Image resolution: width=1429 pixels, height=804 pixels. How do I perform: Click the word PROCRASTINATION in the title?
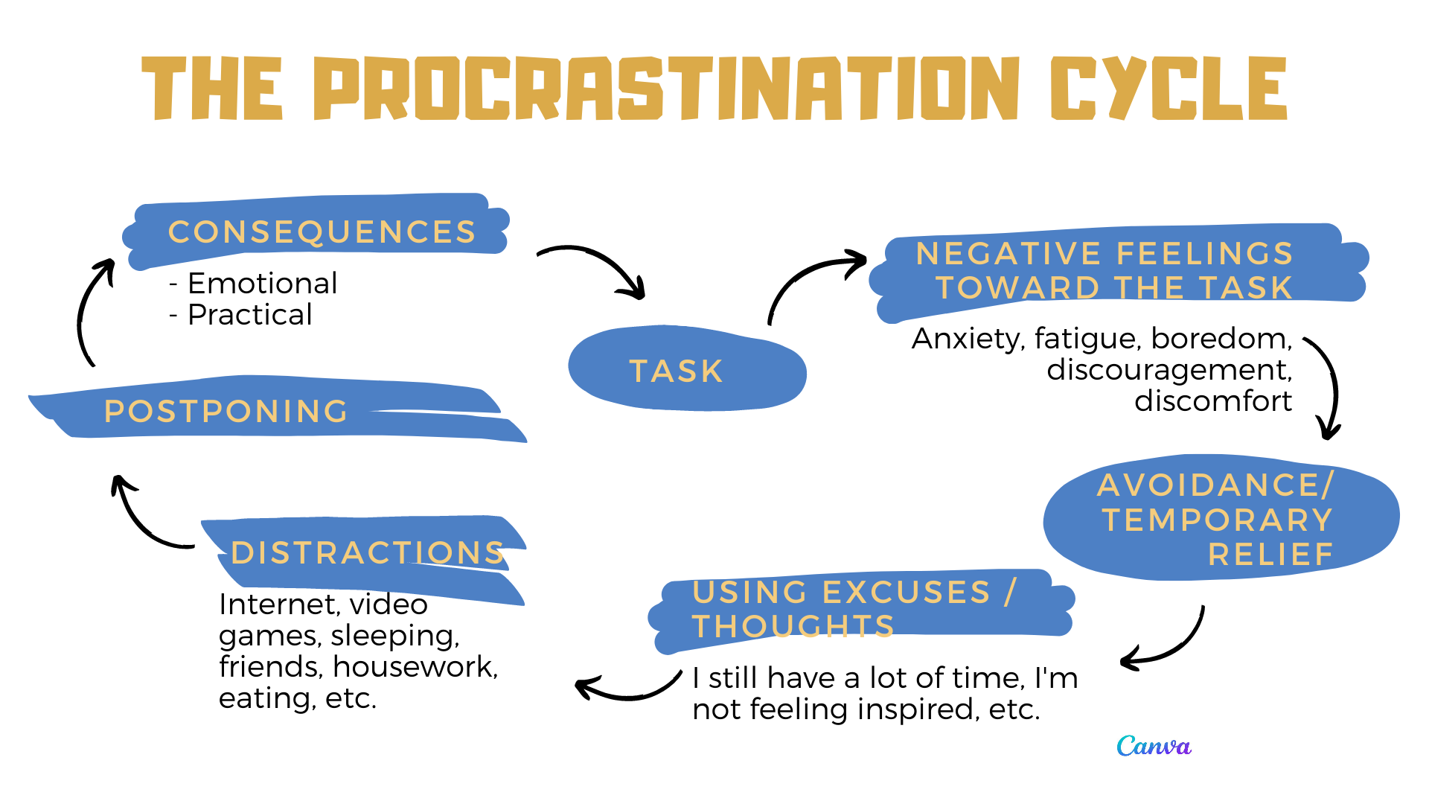coord(665,88)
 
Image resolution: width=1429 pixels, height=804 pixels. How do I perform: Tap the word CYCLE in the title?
coord(1169,88)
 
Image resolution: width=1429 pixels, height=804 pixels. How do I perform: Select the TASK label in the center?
coord(676,371)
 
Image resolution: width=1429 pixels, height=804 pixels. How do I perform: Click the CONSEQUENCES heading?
coord(322,232)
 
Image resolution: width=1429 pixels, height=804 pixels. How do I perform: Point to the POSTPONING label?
coord(226,411)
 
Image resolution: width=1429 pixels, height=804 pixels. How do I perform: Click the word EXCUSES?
coord(907,593)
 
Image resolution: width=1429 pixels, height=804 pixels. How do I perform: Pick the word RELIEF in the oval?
coord(1271,555)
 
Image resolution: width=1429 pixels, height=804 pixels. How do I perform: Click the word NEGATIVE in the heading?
coord(1008,254)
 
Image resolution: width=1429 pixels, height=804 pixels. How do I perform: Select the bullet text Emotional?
coord(263,284)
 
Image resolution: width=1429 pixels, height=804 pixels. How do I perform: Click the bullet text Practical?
coord(250,315)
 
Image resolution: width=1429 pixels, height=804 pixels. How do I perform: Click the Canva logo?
coord(1154,746)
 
